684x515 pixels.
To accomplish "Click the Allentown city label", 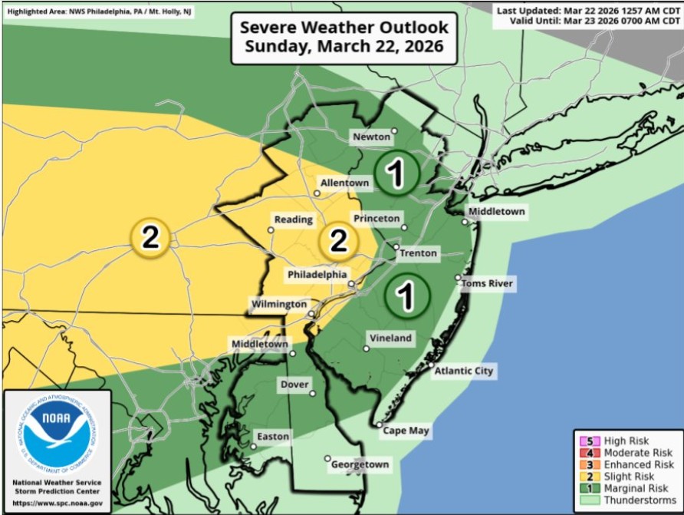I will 345,183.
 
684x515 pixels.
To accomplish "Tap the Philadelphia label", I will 317,275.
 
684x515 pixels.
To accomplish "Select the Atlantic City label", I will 463,371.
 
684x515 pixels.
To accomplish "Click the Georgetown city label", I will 360,464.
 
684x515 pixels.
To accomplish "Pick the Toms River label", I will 487,284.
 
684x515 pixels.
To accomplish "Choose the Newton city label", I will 372,137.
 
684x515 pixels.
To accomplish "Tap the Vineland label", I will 390,338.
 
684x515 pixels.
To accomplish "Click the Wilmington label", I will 279,305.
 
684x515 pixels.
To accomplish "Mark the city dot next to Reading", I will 271,229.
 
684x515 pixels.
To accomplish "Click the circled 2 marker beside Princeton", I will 338,241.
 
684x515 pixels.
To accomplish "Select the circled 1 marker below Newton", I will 396,173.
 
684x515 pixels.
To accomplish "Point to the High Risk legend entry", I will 626,441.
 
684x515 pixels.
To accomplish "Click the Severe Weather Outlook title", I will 344,36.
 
